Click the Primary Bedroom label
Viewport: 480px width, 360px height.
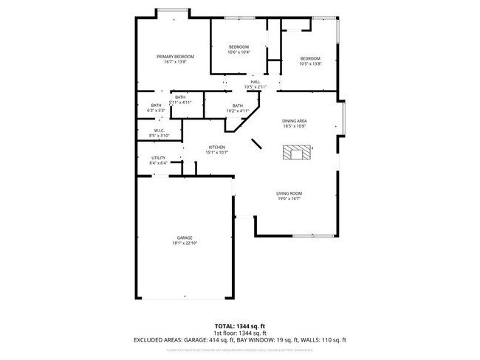[175, 57]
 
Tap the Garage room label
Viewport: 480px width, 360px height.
[184, 238]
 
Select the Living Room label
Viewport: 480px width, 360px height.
[289, 193]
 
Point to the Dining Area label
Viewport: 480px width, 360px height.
[295, 120]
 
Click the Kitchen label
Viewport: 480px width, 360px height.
[216, 148]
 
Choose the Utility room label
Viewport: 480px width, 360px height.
[159, 158]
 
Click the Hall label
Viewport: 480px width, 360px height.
[255, 82]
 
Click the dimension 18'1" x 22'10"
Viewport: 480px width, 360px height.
[184, 243]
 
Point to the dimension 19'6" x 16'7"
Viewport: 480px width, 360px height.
[289, 198]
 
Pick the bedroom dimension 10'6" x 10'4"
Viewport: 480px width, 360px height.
[239, 52]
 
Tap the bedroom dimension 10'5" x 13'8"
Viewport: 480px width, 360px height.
[310, 63]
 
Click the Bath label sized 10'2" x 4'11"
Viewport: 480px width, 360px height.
[238, 105]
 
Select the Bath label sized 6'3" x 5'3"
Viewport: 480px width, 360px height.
[157, 105]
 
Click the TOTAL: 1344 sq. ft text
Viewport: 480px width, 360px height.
[240, 326]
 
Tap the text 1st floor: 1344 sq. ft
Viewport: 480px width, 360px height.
[240, 333]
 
